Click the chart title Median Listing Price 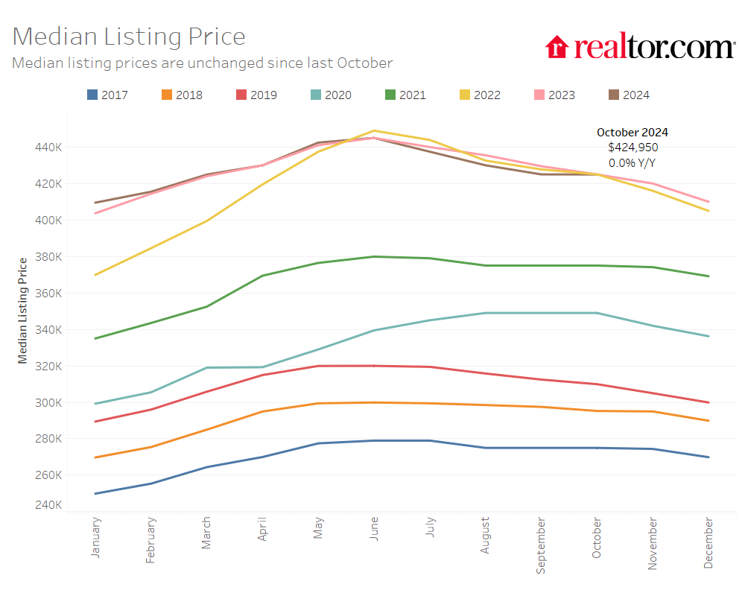[129, 37]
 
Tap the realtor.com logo [640, 47]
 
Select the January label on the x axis [95, 538]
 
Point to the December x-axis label [708, 543]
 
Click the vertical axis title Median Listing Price [23, 310]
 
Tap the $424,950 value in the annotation [633, 148]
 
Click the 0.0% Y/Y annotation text [633, 162]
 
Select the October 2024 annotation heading [633, 132]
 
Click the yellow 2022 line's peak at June [374, 130]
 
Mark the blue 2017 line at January [95, 493]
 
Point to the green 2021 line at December [708, 276]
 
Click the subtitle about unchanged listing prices [202, 63]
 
